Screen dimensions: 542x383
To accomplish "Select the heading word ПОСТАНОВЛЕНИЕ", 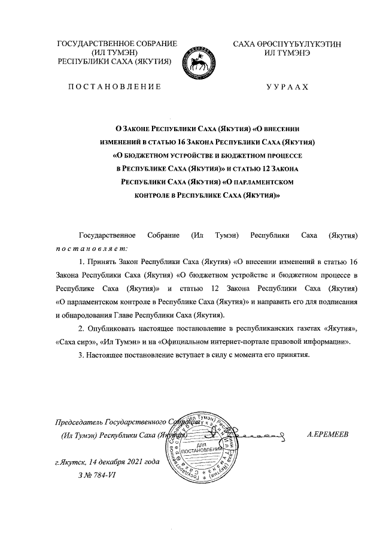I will [114, 87].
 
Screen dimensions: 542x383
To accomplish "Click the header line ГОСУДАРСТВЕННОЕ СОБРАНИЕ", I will [117, 44].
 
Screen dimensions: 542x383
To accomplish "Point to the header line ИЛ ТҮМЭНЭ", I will [287, 53].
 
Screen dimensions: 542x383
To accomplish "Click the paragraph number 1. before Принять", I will [83, 262].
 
